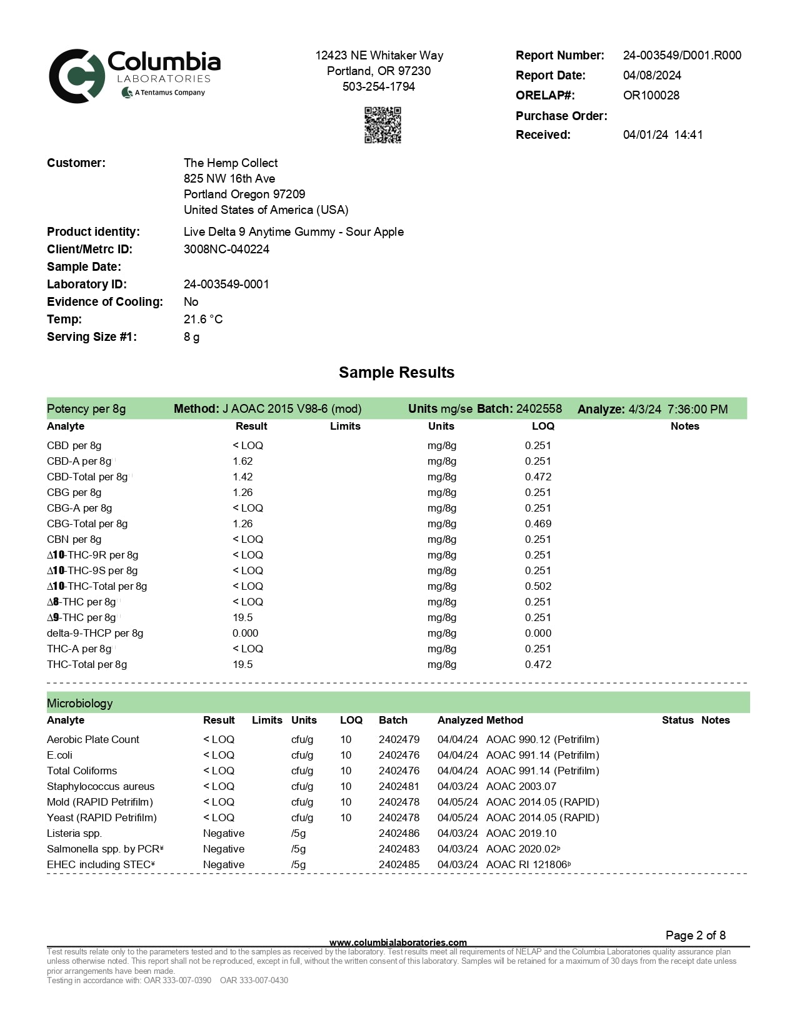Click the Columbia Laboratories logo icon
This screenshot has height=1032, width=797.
77,76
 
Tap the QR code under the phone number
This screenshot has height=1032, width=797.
383,124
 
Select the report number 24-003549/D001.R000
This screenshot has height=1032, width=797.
682,55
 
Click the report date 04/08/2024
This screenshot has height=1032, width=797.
652,75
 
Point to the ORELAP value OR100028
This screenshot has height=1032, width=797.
651,95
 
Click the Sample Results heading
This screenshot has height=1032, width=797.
396,372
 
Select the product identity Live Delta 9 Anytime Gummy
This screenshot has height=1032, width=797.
293,231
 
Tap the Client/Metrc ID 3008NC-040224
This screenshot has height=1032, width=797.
226,249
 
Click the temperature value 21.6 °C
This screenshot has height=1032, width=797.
203,319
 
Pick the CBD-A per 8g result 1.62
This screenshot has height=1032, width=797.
243,461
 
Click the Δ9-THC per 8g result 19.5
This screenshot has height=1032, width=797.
243,617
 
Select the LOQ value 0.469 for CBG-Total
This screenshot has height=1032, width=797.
538,524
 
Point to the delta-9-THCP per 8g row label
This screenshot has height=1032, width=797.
95,633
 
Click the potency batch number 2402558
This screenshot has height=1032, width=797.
539,408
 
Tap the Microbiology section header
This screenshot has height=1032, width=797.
80,703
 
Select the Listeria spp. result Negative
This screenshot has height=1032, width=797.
223,833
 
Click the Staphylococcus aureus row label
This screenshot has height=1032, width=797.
101,786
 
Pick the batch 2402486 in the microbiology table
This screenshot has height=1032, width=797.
399,833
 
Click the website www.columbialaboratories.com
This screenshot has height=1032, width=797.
398,942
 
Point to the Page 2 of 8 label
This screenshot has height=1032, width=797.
695,935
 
